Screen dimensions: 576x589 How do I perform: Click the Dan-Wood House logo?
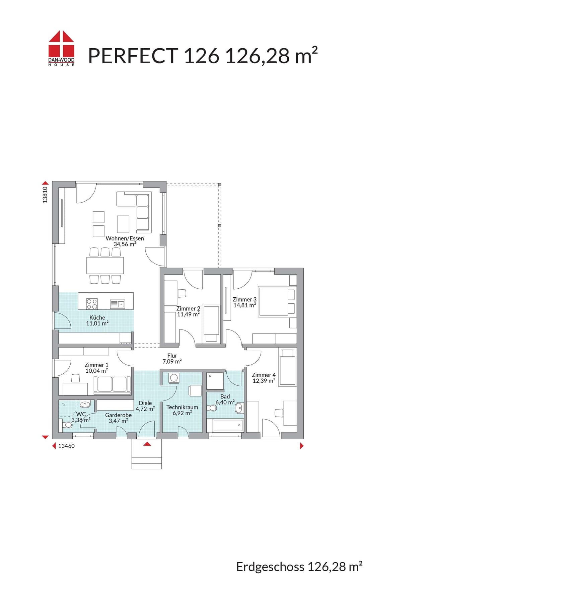point(62,48)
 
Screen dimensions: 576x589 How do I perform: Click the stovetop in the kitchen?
point(92,304)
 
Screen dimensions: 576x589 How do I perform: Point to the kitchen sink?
point(118,304)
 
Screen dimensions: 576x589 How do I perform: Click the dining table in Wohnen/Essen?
point(105,266)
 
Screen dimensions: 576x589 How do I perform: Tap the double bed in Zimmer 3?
point(277,301)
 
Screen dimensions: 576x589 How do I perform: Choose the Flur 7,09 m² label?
point(172,359)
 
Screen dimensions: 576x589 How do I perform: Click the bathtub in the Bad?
point(228,426)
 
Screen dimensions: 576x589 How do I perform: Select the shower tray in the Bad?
point(215,381)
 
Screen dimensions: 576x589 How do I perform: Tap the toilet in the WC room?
point(68,425)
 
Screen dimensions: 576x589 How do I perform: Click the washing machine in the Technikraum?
point(174,378)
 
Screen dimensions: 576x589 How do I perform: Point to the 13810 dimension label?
point(45,195)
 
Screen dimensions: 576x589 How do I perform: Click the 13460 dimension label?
point(66,446)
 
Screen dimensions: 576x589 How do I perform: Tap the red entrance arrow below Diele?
point(147,444)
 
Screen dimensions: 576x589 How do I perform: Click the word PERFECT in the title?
point(133,56)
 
